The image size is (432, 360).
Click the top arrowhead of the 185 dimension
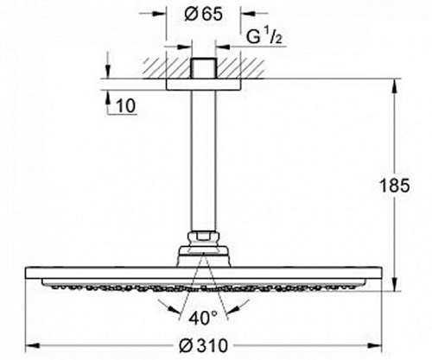click(396, 85)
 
